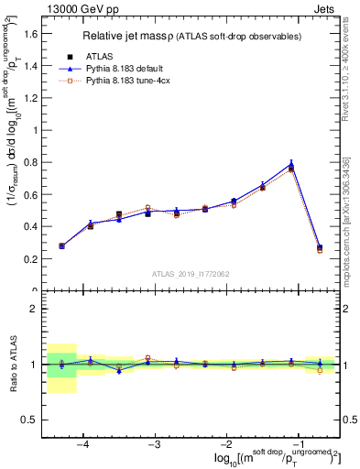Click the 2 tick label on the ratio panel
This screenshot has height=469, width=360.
33,309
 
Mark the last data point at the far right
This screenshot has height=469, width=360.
320,247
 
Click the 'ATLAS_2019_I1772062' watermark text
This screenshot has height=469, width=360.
191,273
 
